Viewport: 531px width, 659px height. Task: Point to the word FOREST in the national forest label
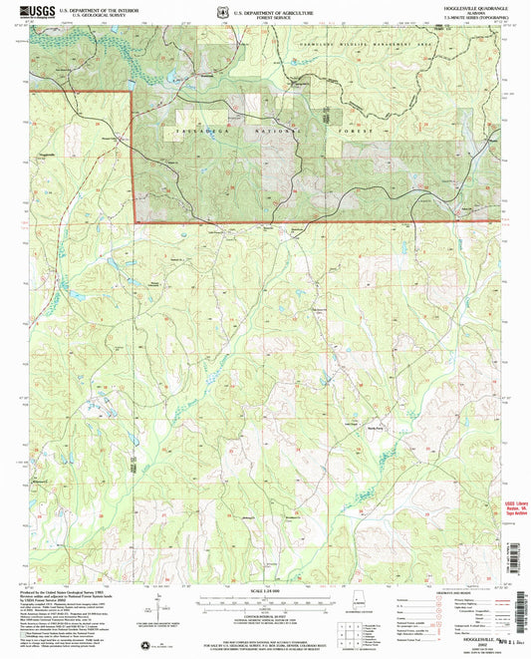pos(361,132)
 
